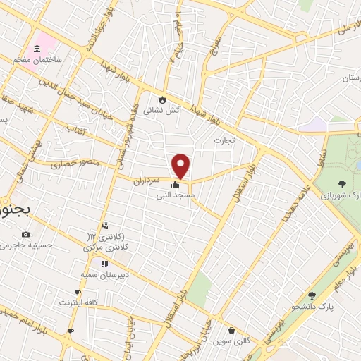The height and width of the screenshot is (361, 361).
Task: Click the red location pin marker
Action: coord(181,165)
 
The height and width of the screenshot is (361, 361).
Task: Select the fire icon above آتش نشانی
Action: coord(164,99)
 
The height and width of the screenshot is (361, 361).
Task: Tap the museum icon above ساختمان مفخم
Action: coord(36,49)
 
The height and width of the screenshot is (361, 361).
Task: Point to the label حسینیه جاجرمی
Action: coord(26,245)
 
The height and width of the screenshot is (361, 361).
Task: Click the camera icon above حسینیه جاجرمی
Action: coord(26,234)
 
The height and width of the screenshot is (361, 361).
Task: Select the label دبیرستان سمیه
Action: coord(103,274)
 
